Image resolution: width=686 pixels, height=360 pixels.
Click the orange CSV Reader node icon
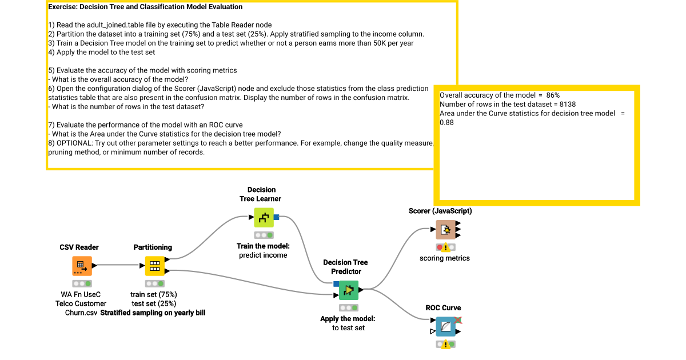82,266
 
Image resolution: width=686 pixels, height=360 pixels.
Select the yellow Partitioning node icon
154,266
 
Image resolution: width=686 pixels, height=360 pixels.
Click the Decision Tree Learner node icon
264,217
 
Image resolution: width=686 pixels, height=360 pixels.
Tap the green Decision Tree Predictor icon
349,290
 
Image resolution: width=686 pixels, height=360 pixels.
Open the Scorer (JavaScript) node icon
446,230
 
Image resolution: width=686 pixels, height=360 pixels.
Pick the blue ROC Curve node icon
446,327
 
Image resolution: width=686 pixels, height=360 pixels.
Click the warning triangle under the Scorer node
446,248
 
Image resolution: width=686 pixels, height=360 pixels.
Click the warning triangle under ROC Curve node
446,345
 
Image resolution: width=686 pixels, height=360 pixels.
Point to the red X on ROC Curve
458,320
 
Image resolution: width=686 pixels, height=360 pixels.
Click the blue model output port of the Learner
277,217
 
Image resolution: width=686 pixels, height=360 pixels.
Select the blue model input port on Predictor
336,283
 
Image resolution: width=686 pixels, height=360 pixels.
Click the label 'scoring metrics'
445,258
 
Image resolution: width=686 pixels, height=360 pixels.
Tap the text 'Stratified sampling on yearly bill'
153,313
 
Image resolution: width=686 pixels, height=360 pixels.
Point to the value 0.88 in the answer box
446,122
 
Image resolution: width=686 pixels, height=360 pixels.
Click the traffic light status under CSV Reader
82,283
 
